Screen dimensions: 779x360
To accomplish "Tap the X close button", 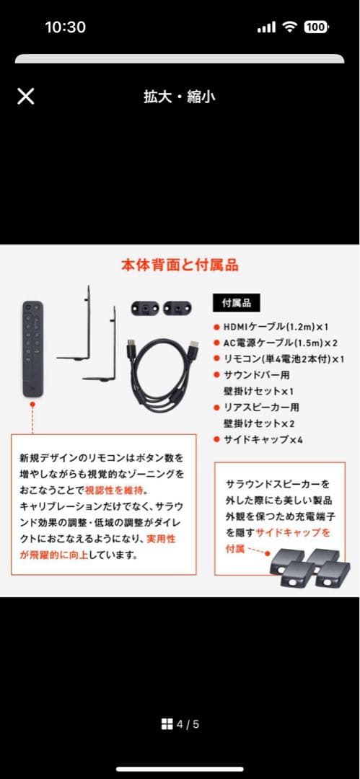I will (25, 97).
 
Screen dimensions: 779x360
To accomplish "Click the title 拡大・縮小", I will (179, 97).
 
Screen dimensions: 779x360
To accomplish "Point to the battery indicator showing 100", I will (315, 27).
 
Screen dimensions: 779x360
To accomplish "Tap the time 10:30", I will (65, 27).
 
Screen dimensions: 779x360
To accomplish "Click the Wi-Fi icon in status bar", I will (290, 27).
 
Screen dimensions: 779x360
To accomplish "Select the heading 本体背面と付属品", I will (180, 265).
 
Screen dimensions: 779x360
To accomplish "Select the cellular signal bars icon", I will (267, 27).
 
